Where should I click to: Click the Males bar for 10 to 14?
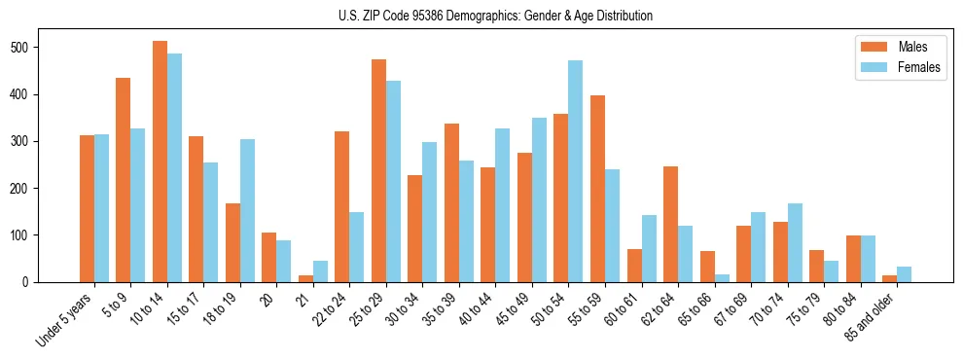pos(160,162)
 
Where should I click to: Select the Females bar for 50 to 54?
pos(576,171)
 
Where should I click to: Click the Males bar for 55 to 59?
pos(597,189)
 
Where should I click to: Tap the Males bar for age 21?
pos(305,279)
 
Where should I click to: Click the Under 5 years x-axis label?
pos(65,318)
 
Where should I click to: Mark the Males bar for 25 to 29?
pos(378,170)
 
